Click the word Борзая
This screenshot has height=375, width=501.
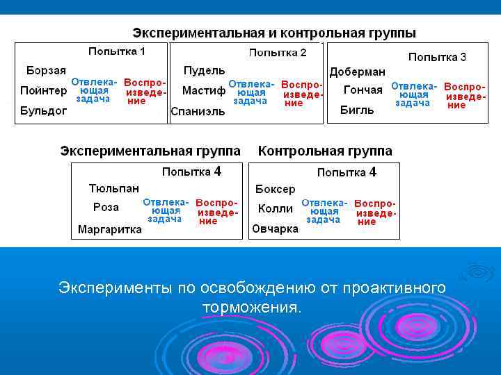(46, 70)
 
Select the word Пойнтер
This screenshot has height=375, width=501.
(43, 90)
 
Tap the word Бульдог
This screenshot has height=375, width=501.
(43, 110)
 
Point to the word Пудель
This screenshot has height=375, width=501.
(204, 70)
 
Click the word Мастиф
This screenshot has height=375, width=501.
(203, 90)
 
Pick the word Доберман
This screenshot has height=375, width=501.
(357, 72)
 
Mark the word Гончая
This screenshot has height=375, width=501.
(363, 90)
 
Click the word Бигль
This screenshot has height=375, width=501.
(357, 110)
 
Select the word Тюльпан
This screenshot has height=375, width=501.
(113, 188)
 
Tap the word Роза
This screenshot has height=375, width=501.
(106, 207)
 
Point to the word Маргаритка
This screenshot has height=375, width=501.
(109, 229)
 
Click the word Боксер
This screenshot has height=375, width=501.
(275, 189)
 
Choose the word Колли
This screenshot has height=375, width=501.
(275, 208)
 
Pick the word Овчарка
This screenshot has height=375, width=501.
(275, 228)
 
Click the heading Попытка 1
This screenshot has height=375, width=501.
(116, 51)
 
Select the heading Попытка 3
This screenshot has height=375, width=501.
(437, 57)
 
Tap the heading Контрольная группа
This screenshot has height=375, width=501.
(325, 151)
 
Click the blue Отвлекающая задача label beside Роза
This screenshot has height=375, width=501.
(166, 210)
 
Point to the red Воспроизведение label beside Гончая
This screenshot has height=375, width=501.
(464, 96)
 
